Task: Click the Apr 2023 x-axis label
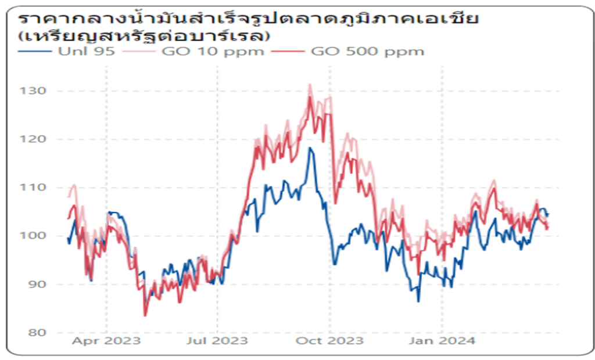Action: click(106, 340)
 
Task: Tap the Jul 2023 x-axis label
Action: click(217, 340)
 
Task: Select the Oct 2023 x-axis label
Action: click(329, 340)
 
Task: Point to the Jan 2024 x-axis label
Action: click(442, 340)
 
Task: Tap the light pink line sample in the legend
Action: click(152, 51)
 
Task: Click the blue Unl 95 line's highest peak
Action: click(311, 148)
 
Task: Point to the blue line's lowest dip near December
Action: click(418, 301)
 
